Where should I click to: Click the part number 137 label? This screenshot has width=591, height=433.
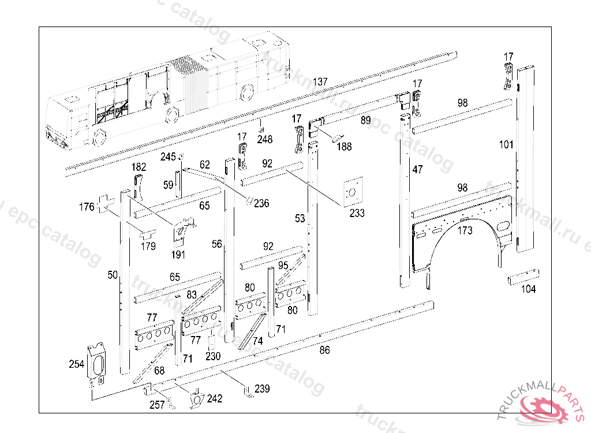320,81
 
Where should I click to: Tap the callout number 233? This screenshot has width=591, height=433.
357,213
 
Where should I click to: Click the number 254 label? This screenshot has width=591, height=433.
76,364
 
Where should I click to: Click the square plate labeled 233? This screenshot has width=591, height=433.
351,191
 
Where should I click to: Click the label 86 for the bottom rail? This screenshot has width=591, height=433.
324,350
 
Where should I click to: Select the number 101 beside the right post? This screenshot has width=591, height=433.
506,144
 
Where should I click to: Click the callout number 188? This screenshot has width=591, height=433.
344,147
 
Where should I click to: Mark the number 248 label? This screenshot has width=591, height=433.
265,139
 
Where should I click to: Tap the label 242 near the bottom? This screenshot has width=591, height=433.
215,398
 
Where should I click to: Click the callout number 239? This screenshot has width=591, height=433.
262,389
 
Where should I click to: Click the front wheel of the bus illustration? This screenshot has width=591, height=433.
99,138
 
